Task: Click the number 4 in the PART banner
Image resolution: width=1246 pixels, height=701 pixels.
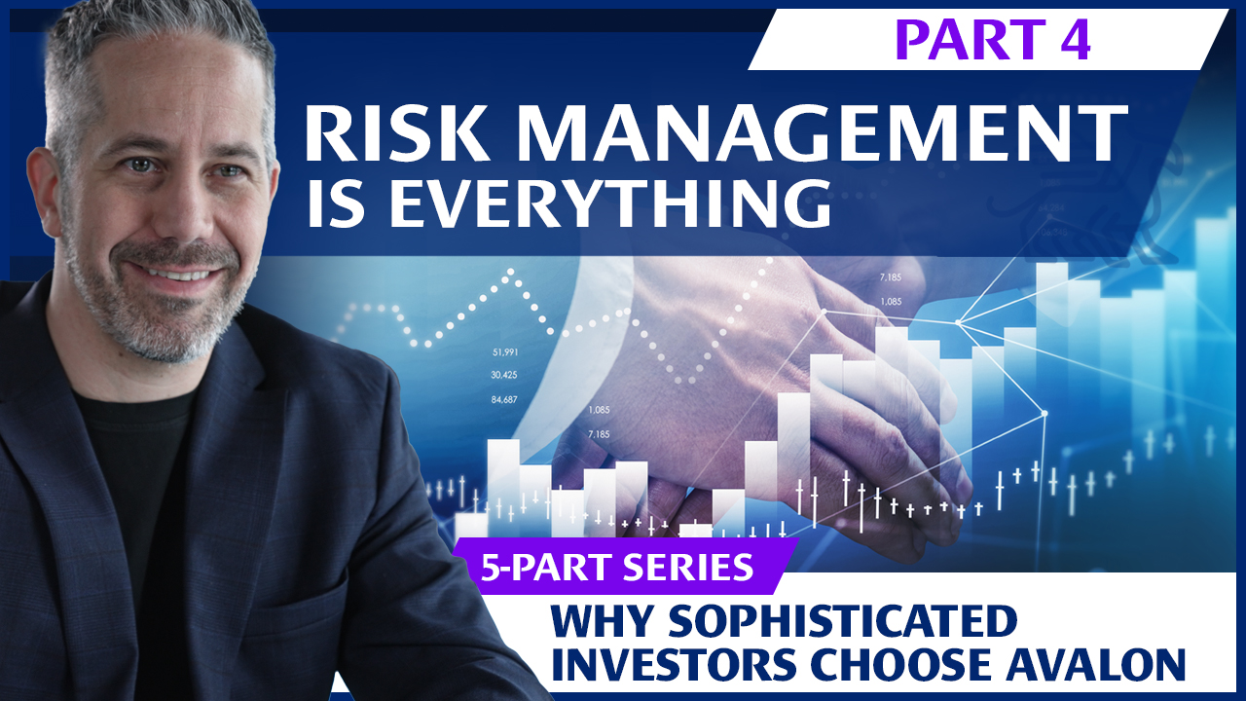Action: point(1074,39)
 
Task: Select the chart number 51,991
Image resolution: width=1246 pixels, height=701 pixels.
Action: point(504,351)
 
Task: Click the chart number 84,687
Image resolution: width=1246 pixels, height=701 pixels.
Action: point(504,399)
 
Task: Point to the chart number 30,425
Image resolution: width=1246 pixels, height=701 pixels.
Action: point(504,375)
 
